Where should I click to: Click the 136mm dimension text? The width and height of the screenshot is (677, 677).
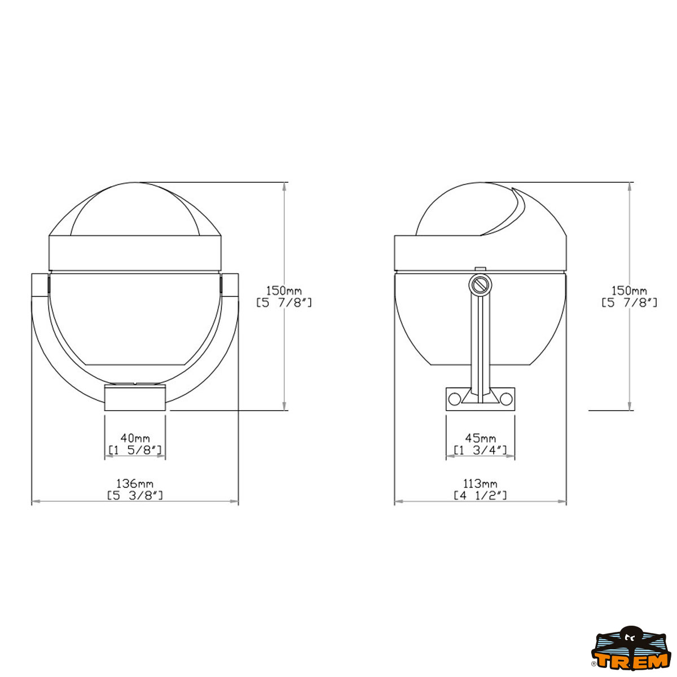[135, 483]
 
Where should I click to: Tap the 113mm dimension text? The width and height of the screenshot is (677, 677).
[479, 483]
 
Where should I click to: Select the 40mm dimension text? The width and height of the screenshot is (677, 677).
[135, 438]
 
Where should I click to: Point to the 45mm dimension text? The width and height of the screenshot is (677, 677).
[480, 438]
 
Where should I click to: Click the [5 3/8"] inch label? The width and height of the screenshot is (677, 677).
[135, 495]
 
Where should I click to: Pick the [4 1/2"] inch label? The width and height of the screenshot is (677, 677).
[480, 495]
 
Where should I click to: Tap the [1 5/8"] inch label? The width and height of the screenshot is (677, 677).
[135, 450]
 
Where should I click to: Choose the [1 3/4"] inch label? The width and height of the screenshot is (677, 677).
[480, 450]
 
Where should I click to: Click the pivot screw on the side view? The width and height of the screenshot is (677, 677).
[480, 285]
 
